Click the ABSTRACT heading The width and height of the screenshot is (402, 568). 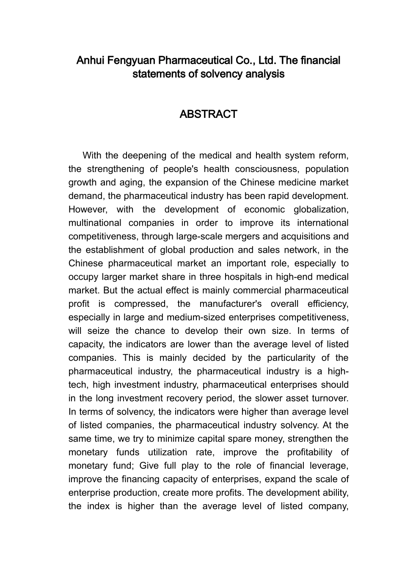[208, 115]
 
